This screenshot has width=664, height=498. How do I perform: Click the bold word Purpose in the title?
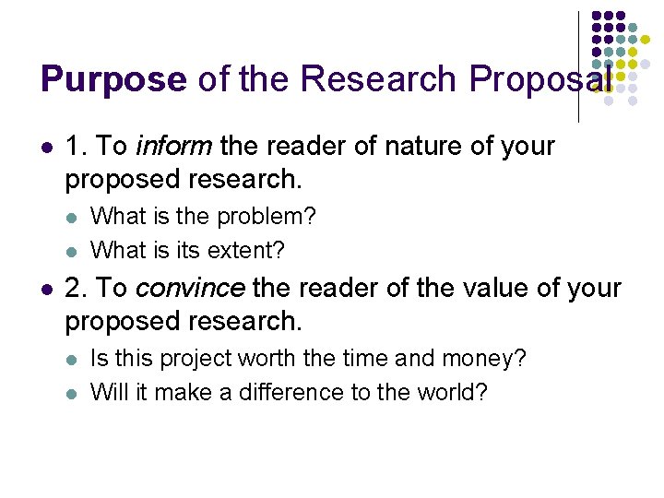tap(113, 80)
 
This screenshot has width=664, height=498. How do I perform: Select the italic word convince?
tap(190, 288)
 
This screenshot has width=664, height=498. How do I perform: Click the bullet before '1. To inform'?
tap(47, 147)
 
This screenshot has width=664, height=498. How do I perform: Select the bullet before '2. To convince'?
tap(47, 289)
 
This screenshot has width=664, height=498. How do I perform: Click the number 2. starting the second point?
tap(77, 288)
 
